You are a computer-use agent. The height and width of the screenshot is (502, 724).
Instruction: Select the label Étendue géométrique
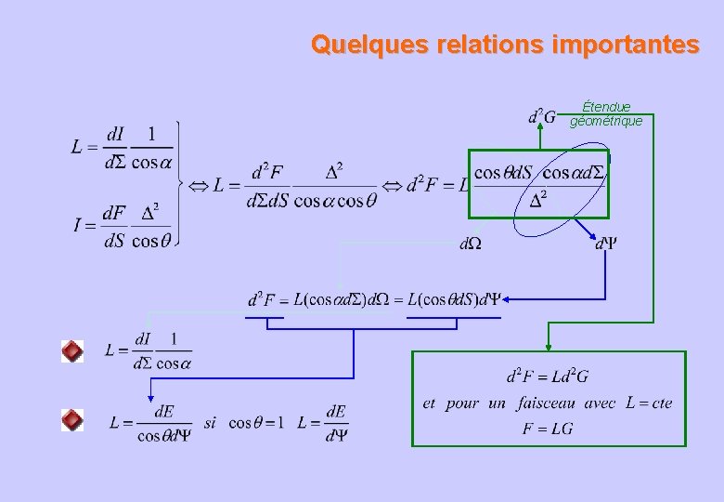pyautogui.click(x=606, y=114)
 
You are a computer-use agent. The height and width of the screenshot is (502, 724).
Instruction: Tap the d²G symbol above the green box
pyautogui.click(x=542, y=117)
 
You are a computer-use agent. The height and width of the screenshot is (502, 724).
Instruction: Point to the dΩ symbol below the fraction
pyautogui.click(x=471, y=244)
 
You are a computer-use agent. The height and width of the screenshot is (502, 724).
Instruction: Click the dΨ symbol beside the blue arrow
pyautogui.click(x=606, y=244)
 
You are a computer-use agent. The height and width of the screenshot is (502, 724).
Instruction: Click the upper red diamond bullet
pyautogui.click(x=72, y=351)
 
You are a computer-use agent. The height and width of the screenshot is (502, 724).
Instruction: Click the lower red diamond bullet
pyautogui.click(x=72, y=420)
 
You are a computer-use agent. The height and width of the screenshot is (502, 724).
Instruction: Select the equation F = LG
pyautogui.click(x=548, y=429)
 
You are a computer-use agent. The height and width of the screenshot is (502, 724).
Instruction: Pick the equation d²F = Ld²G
pyautogui.click(x=548, y=377)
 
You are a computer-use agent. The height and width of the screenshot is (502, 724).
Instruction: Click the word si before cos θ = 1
pyautogui.click(x=210, y=422)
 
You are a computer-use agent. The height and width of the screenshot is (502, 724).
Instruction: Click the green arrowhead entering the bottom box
pyautogui.click(x=549, y=344)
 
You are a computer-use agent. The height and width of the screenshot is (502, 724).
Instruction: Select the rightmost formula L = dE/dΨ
pyautogui.click(x=323, y=422)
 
